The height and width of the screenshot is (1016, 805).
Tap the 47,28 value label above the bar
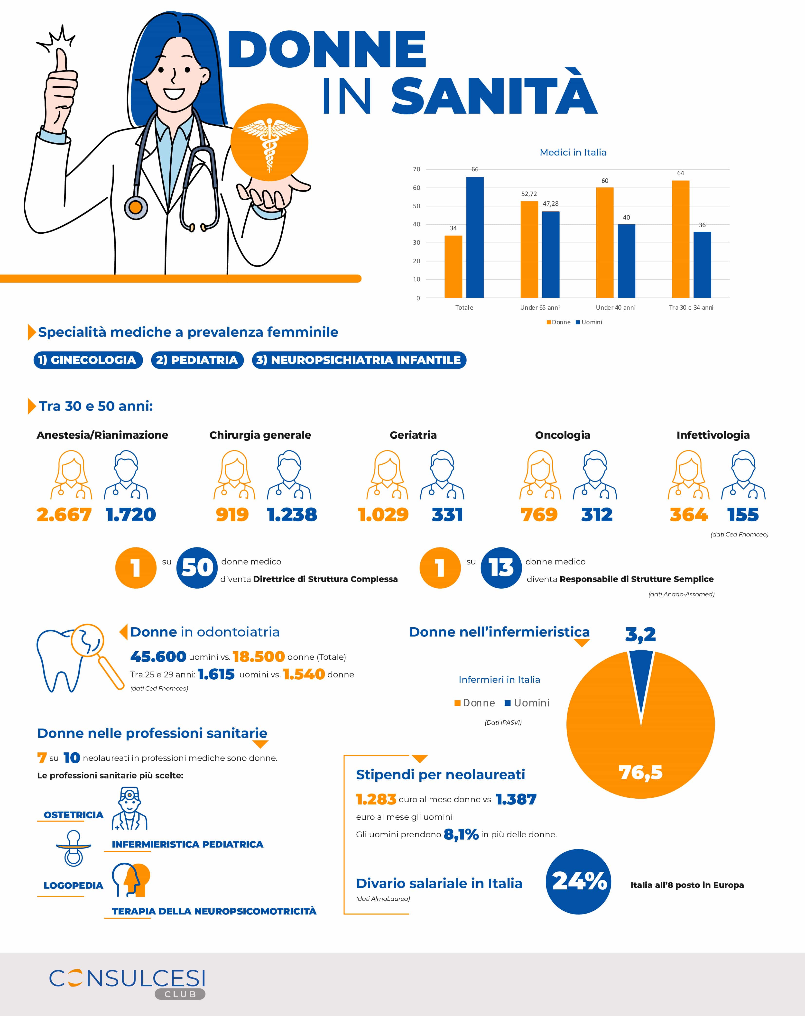point(550,203)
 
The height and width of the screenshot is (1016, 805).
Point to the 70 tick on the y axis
point(417,169)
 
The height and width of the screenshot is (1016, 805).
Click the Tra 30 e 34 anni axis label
point(691,307)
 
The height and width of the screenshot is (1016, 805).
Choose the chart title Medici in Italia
point(573,152)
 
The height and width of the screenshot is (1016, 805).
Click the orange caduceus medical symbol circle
point(269,142)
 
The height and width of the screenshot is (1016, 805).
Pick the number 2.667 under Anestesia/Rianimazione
point(64,515)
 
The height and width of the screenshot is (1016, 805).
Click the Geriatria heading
point(413,435)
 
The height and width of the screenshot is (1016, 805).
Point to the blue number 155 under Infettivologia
point(743,515)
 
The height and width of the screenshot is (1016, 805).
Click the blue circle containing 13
point(501,568)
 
